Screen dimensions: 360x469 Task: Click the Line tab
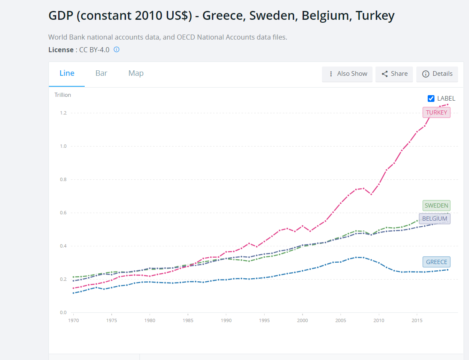point(67,73)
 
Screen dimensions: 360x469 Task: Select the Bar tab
point(101,73)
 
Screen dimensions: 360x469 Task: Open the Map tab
point(136,73)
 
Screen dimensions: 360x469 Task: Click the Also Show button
point(348,74)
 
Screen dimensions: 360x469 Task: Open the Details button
point(437,74)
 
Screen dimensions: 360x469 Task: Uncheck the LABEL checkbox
point(431,99)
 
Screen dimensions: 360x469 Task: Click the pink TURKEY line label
point(437,112)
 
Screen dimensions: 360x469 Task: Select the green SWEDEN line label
point(437,205)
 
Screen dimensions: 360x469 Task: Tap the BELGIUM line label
point(434,219)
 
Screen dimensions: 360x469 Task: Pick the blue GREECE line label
point(437,262)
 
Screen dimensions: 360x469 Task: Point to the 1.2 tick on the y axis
point(63,113)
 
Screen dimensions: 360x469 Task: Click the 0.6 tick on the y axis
point(63,213)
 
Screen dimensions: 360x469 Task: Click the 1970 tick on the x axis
point(73,320)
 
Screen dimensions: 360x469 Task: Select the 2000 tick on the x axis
point(302,320)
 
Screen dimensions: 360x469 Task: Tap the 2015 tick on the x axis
point(417,320)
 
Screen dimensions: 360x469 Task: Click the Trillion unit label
point(63,95)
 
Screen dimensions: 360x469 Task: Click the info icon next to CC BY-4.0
point(117,49)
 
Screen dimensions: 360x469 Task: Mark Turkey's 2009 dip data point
point(371,194)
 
